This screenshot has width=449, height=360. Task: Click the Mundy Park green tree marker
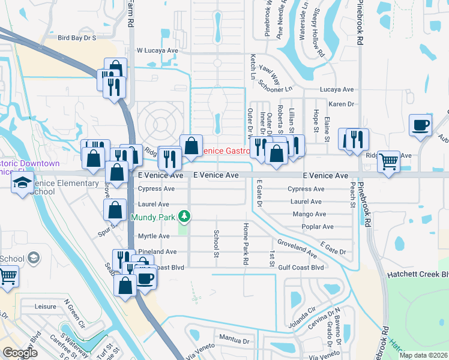(x=186, y=215)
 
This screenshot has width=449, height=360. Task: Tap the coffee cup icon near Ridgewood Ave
(x=420, y=126)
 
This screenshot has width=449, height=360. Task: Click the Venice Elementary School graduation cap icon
(x=22, y=183)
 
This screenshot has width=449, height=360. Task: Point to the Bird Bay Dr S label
(x=77, y=37)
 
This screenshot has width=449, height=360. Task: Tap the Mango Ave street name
(x=309, y=214)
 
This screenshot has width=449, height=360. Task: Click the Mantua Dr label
(x=234, y=340)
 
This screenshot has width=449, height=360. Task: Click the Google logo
(x=20, y=353)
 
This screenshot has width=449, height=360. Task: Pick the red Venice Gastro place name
(x=226, y=151)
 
